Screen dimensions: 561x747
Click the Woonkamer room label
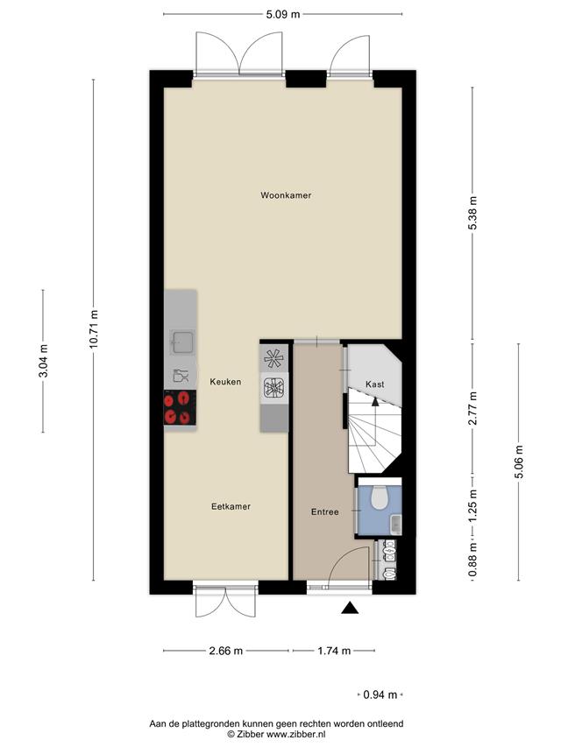pyautogui.click(x=286, y=195)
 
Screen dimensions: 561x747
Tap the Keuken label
pyautogui.click(x=225, y=382)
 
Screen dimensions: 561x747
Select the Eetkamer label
pyautogui.click(x=231, y=506)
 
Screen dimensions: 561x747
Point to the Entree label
pyautogui.click(x=325, y=512)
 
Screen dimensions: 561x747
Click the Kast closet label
pyautogui.click(x=375, y=384)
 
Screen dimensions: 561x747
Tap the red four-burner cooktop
pyautogui.click(x=180, y=407)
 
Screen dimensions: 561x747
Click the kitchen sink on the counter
pyautogui.click(x=182, y=342)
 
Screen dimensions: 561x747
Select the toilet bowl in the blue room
pyautogui.click(x=380, y=497)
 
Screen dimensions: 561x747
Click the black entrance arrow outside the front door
pyautogui.click(x=350, y=608)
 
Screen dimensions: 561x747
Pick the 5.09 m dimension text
pyautogui.click(x=283, y=14)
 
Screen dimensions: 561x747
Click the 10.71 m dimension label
pyautogui.click(x=94, y=329)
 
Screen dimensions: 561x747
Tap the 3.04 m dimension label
pyautogui.click(x=43, y=361)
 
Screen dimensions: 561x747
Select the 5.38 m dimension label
pyautogui.click(x=472, y=213)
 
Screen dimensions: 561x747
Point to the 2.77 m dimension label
pyautogui.click(x=472, y=408)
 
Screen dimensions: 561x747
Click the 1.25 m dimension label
pyautogui.click(x=472, y=505)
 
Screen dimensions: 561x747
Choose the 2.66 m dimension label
pyautogui.click(x=226, y=651)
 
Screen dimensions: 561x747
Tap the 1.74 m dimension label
pyautogui.click(x=334, y=651)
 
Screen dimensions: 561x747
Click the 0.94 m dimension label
pyautogui.click(x=380, y=694)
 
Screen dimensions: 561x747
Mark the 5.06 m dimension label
pyautogui.click(x=519, y=462)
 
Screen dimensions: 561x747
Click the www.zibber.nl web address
pyautogui.click(x=295, y=734)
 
